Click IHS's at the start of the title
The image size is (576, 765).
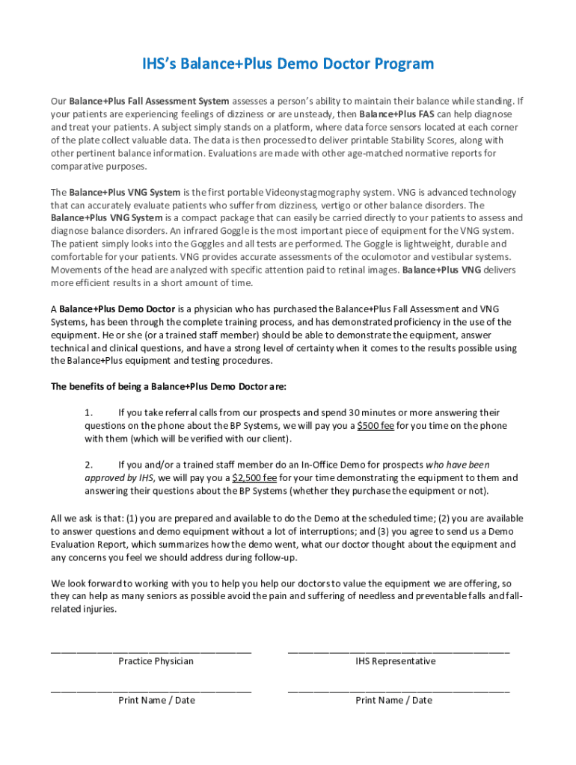coord(162,64)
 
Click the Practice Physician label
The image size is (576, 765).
coord(156,661)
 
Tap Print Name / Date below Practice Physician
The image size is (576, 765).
coord(156,700)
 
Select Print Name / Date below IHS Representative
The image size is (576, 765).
coord(393,700)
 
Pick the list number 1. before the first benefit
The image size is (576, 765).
coord(88,412)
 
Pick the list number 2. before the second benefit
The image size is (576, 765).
coord(88,465)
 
